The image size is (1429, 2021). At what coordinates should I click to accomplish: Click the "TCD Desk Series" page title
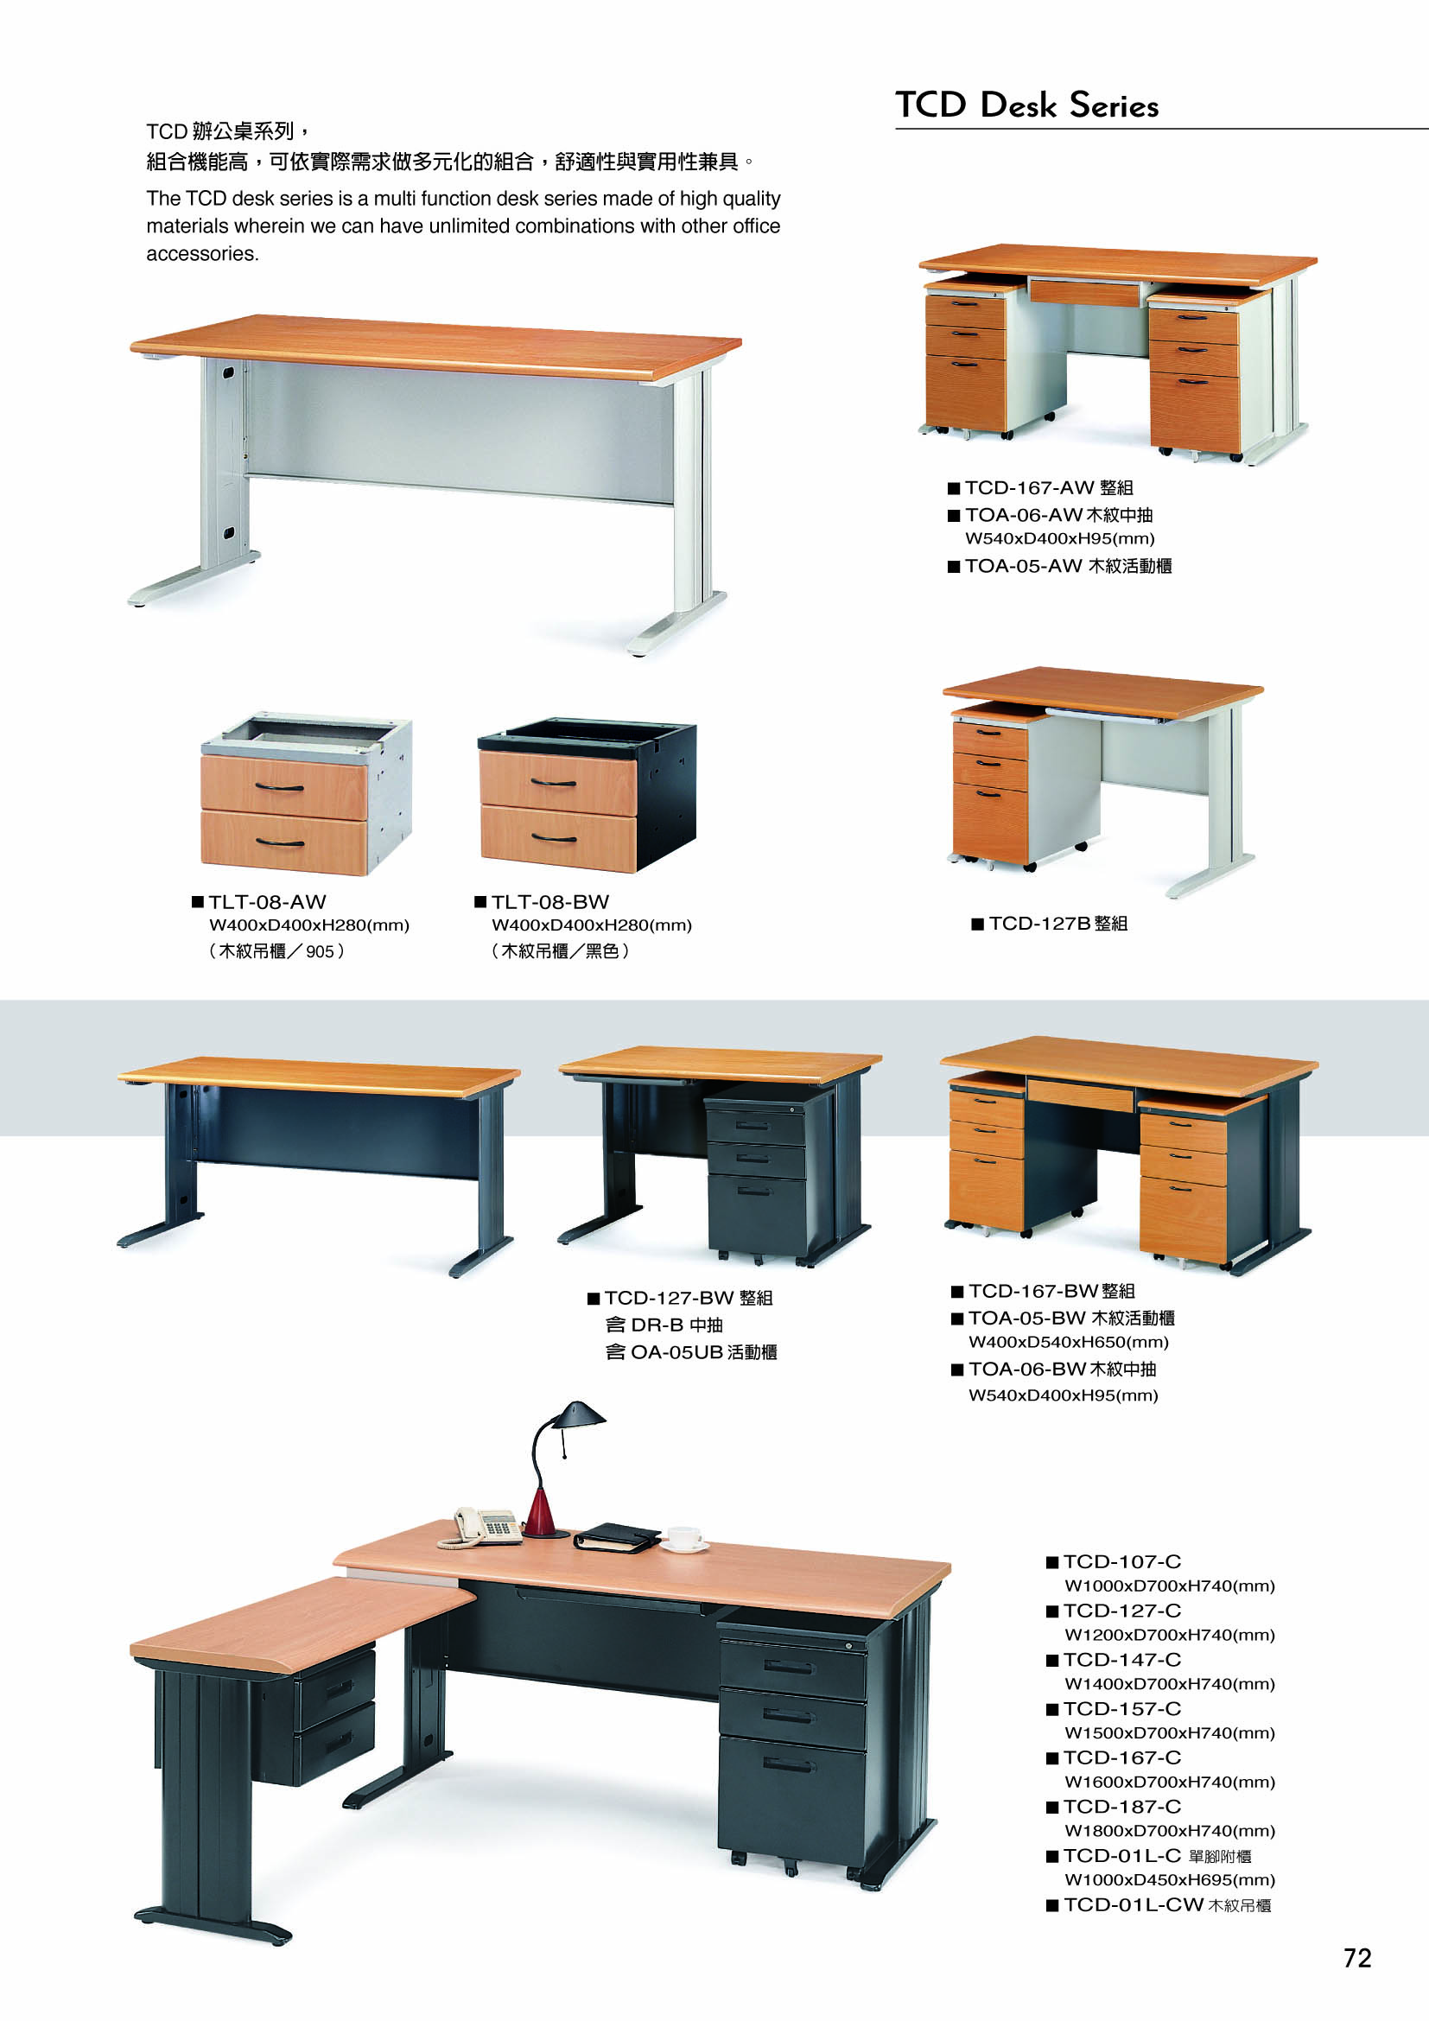tap(1027, 105)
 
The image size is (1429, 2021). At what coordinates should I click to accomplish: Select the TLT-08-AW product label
tap(268, 902)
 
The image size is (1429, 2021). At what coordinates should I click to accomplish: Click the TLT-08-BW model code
tap(550, 902)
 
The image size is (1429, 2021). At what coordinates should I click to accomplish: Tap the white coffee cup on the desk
tap(683, 1537)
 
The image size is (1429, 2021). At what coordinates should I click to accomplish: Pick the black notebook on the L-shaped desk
tap(617, 1537)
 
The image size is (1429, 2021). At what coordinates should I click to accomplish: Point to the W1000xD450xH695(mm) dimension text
tap(1170, 1879)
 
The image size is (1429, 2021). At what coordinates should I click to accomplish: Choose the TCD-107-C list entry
tap(1122, 1561)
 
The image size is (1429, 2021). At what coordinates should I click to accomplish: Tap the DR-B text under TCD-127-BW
tap(657, 1325)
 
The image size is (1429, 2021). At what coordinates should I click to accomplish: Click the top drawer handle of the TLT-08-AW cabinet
tap(280, 787)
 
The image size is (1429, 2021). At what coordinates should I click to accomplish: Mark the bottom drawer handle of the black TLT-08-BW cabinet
tap(555, 838)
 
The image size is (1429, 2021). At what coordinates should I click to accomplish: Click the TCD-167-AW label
tap(1030, 487)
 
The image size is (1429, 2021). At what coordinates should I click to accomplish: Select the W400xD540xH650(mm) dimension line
tap(1068, 1343)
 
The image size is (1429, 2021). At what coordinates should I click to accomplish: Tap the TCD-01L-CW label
tap(1134, 1905)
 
